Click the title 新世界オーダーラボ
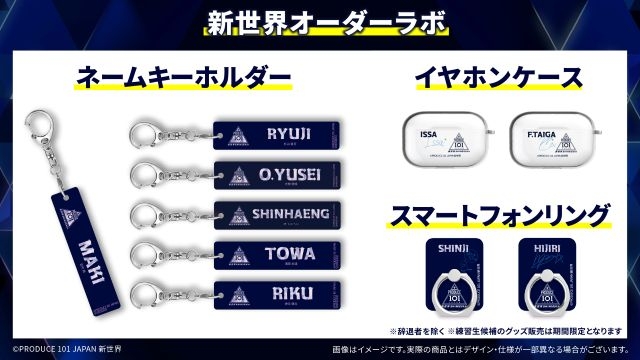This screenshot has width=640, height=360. (320, 21)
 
